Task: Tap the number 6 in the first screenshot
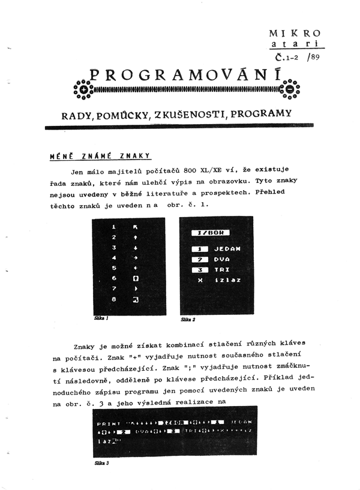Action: pyautogui.click(x=113, y=278)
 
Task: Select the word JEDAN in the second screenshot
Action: pyautogui.click(x=227, y=248)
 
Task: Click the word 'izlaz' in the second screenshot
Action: pyautogui.click(x=226, y=280)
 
